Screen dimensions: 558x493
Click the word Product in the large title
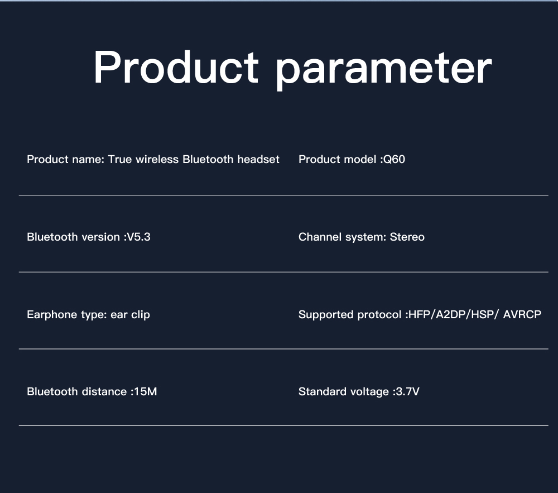click(x=176, y=67)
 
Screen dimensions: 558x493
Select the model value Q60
click(x=395, y=160)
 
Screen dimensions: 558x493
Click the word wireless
click(x=157, y=159)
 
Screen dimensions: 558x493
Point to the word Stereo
click(x=407, y=237)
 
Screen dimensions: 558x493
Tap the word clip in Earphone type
click(x=140, y=315)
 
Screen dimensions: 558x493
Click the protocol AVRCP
click(x=522, y=315)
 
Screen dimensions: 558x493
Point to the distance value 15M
click(x=146, y=391)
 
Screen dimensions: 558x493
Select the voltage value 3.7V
click(x=408, y=391)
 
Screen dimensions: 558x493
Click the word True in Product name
click(x=120, y=159)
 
